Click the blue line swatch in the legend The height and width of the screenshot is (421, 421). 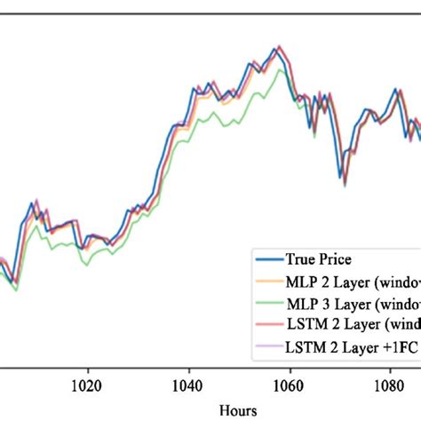pos(266,260)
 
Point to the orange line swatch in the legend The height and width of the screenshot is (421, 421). pos(266,282)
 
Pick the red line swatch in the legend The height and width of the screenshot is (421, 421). pos(266,325)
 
